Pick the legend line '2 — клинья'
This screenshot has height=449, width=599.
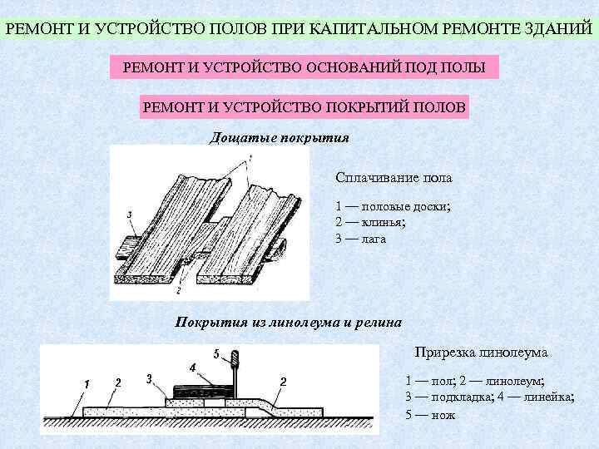click(x=370, y=222)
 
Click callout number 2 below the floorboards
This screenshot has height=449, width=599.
click(x=179, y=291)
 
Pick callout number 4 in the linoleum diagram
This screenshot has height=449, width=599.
click(x=193, y=367)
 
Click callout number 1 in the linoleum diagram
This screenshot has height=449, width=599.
click(x=86, y=382)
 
